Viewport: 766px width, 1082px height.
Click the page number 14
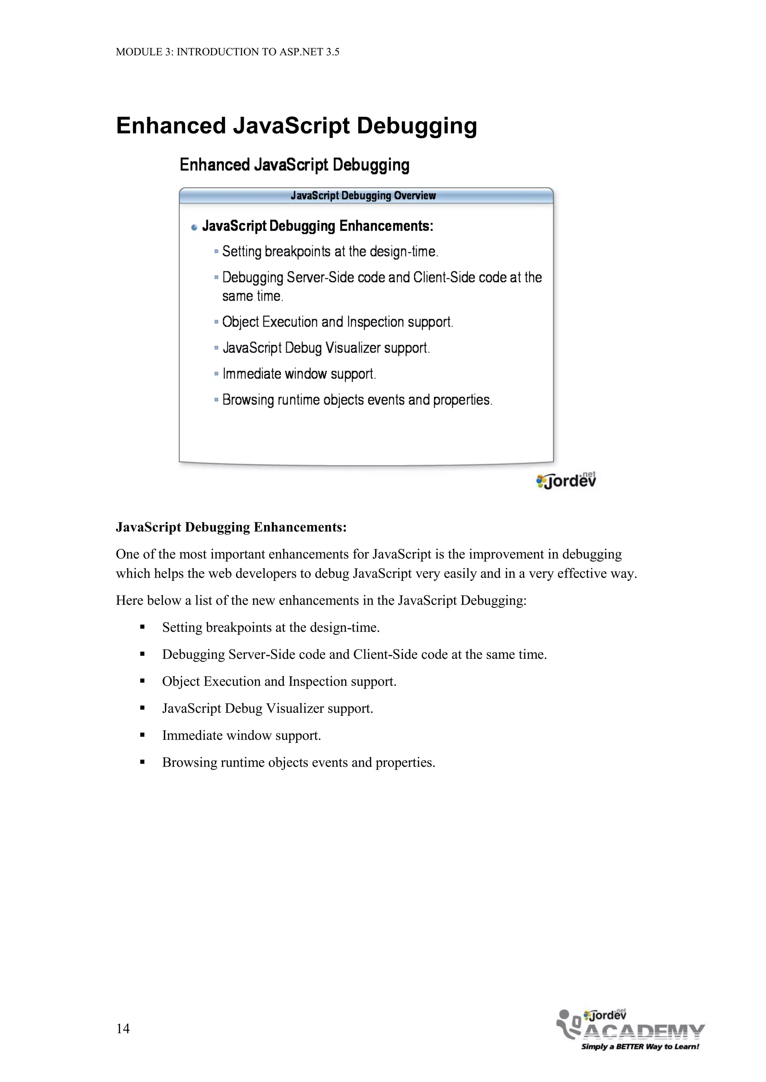123,1028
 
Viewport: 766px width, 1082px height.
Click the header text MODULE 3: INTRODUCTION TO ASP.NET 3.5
227,52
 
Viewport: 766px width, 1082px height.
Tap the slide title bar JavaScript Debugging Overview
363,195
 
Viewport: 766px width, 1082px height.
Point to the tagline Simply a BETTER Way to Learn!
640,1046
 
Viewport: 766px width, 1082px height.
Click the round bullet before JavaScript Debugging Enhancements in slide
194,228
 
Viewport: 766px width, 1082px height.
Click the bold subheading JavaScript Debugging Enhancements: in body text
231,527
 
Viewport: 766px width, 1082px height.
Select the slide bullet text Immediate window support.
299,374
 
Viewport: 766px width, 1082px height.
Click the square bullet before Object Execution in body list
143,681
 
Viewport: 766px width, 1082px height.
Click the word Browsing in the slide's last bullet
248,400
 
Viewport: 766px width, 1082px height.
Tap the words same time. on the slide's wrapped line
252,296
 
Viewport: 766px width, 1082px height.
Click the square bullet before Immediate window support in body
143,735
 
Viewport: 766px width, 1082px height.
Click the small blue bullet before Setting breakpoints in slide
217,252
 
